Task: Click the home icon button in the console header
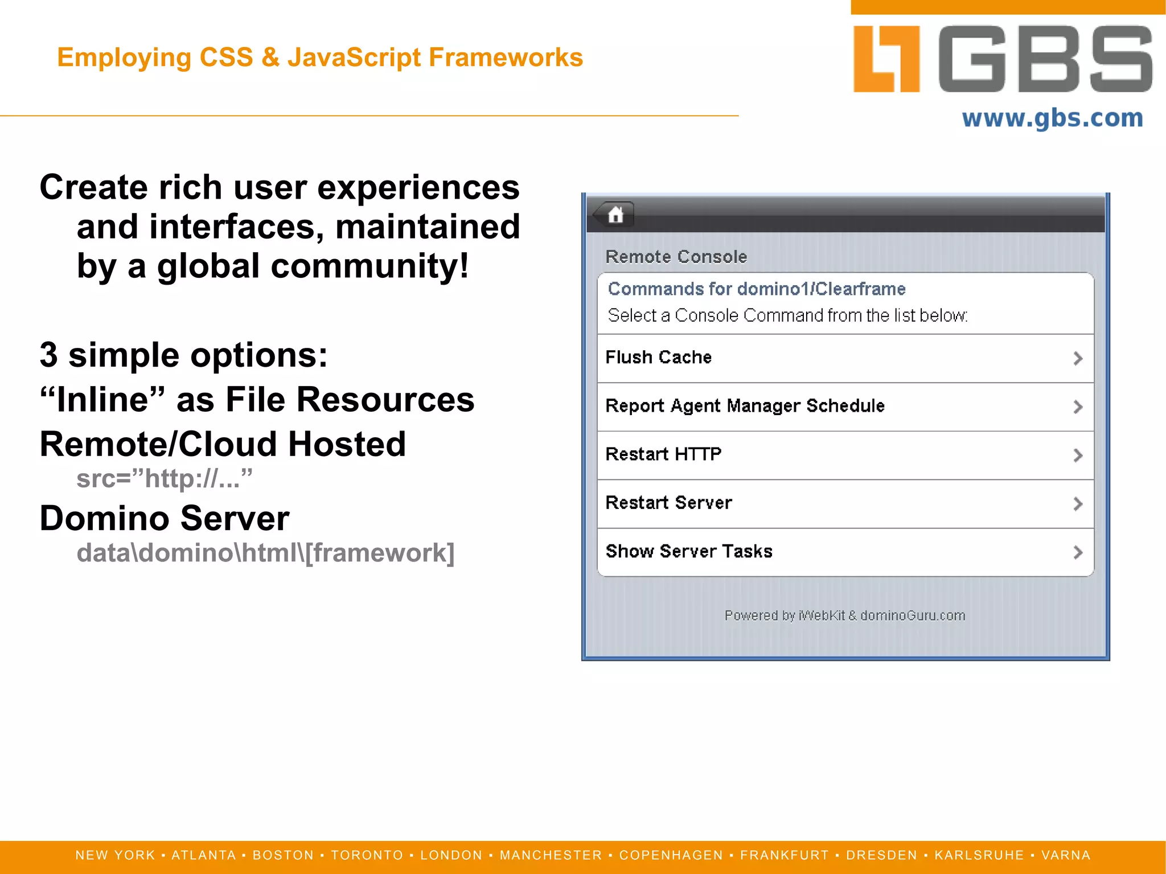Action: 615,215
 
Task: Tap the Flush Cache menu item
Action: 658,358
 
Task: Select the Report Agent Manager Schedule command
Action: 745,406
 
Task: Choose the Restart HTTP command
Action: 663,454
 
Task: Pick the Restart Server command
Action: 668,503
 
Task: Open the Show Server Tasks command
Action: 689,551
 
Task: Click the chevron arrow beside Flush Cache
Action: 1077,358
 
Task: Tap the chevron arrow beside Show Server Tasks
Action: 1077,552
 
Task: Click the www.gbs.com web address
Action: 1052,118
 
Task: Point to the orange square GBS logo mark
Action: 886,59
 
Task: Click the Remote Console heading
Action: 676,257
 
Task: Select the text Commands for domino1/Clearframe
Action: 756,289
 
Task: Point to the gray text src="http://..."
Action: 164,478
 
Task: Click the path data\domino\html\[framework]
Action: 265,553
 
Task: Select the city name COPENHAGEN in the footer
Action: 671,855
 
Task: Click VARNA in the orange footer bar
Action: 1066,855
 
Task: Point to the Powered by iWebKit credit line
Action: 844,616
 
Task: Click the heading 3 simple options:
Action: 183,355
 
